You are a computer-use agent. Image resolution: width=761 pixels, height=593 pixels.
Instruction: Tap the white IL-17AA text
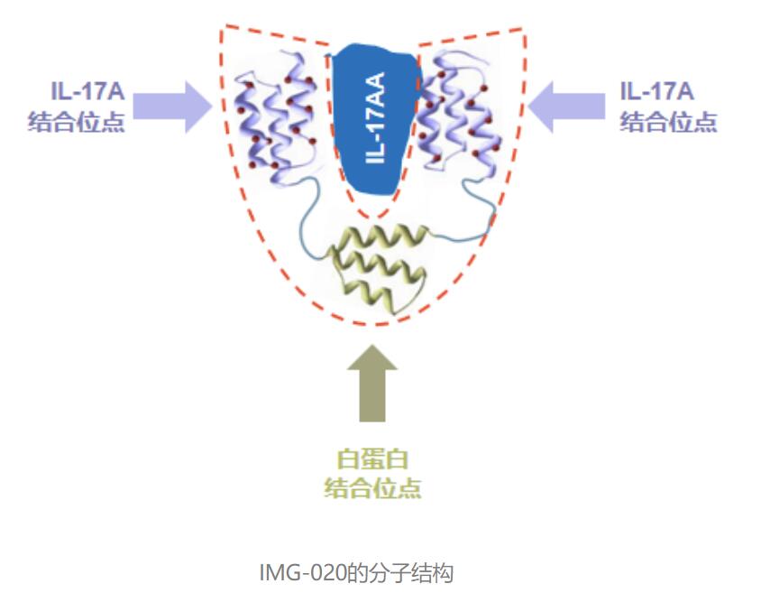coord(375,117)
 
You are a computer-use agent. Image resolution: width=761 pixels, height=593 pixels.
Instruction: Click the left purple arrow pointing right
coord(173,107)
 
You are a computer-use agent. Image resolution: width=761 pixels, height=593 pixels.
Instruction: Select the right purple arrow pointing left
coord(566,107)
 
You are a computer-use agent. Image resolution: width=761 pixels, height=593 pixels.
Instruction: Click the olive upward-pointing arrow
coord(372,384)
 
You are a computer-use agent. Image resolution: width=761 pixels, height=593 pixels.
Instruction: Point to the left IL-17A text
coord(87,91)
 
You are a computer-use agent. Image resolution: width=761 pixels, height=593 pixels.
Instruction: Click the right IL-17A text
coord(656,91)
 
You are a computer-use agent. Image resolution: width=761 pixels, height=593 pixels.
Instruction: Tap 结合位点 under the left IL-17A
coord(77,122)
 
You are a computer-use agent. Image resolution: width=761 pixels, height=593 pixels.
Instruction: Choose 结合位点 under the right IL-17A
coord(668,122)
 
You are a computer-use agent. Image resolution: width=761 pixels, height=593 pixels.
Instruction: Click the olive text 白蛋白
coord(372,459)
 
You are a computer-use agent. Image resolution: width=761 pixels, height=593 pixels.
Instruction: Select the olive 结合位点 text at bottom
coord(372,487)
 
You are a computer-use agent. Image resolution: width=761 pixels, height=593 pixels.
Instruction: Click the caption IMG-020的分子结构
coord(357,572)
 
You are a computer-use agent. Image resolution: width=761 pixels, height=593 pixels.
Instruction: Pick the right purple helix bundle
coord(456,113)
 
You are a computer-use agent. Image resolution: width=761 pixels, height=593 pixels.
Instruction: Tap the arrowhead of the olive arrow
coord(372,357)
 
